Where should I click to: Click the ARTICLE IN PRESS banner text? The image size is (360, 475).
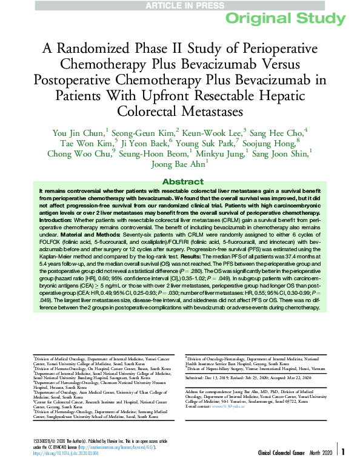click(180, 5)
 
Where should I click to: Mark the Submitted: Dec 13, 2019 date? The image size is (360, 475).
click(212, 377)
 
